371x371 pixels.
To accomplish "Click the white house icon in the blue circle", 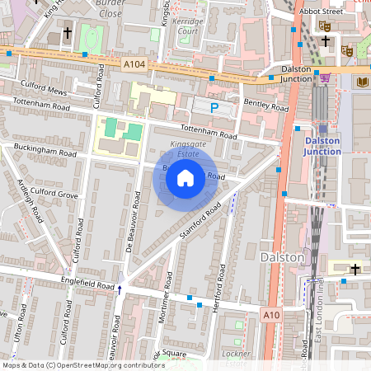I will [x=185, y=176].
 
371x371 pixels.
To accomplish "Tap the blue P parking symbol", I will [x=214, y=107].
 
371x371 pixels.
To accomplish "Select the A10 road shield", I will [x=271, y=314].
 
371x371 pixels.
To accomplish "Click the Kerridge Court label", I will [x=188, y=25].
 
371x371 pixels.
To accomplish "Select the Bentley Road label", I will [x=266, y=105].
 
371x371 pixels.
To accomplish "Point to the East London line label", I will [x=317, y=313].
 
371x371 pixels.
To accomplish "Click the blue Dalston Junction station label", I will [x=328, y=145].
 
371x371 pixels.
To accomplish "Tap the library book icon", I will [x=364, y=82].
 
